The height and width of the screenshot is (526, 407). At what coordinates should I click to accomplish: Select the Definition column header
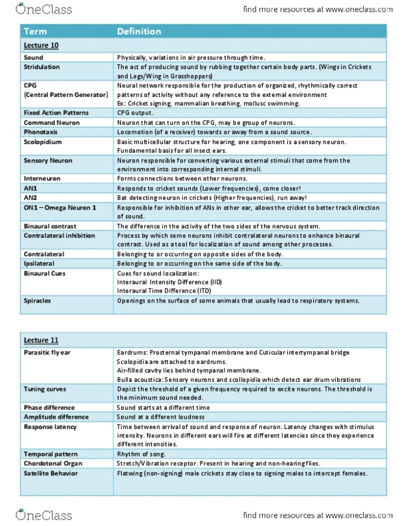(x=139, y=31)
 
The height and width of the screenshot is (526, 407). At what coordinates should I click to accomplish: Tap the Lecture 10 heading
(x=39, y=45)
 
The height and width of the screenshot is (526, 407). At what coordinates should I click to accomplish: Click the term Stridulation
(x=42, y=68)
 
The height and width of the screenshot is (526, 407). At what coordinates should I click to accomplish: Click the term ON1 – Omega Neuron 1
(x=58, y=208)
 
